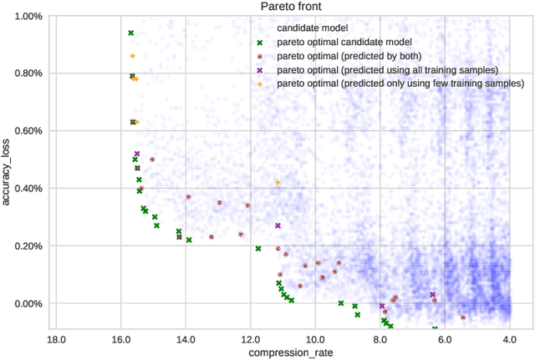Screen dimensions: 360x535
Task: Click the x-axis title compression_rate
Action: pos(283,352)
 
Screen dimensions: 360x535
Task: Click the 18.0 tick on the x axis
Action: pos(55,338)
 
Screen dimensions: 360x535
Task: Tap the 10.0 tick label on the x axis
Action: pos(314,338)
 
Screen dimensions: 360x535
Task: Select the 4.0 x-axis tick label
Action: pos(510,338)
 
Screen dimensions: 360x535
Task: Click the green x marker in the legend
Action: pos(259,41)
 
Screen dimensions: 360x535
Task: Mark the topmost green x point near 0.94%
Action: pos(130,33)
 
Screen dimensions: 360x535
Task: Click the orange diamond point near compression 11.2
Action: pos(278,182)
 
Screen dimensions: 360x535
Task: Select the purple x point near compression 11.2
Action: pos(278,226)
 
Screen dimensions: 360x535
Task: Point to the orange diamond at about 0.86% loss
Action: pos(132,56)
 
